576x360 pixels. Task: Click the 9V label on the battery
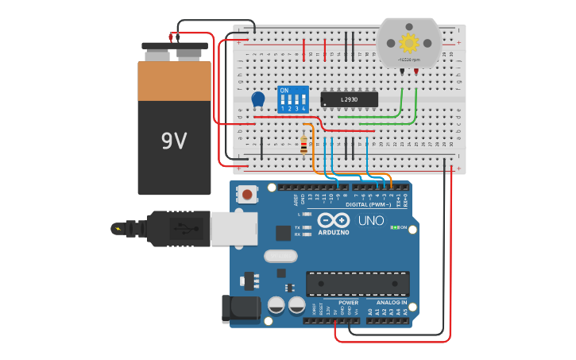click(174, 141)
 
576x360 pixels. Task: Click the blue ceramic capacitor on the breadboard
click(258, 99)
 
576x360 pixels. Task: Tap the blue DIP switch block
click(292, 100)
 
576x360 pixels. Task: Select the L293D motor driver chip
click(349, 99)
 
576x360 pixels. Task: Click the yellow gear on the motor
click(408, 42)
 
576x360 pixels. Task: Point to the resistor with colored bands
click(303, 145)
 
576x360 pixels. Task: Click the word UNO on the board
click(371, 220)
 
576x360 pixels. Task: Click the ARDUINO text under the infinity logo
click(334, 232)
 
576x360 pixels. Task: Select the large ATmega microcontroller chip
click(358, 284)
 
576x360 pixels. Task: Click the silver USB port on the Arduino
click(234, 228)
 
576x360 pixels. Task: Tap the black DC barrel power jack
click(241, 308)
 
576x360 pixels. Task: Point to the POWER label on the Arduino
click(348, 303)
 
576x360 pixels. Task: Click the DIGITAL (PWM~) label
click(367, 204)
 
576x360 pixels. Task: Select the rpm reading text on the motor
click(409, 60)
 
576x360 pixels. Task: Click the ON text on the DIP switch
click(284, 90)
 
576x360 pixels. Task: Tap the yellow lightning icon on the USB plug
click(118, 229)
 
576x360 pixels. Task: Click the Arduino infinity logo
click(334, 220)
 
